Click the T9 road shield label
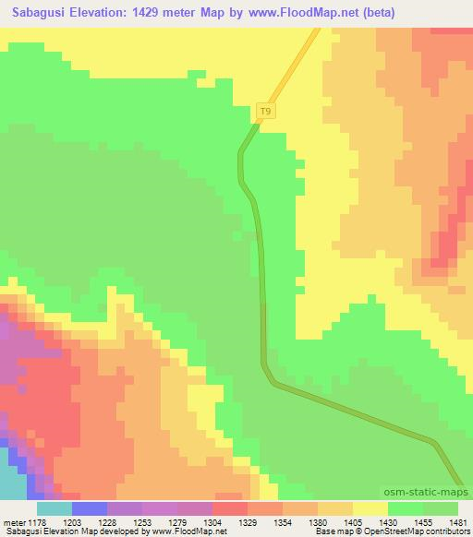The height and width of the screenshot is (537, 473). tap(266, 112)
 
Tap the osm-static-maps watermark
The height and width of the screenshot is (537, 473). tap(428, 493)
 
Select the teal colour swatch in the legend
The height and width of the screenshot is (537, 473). tap(54, 507)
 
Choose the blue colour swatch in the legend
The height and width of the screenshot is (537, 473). tap(89, 507)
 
